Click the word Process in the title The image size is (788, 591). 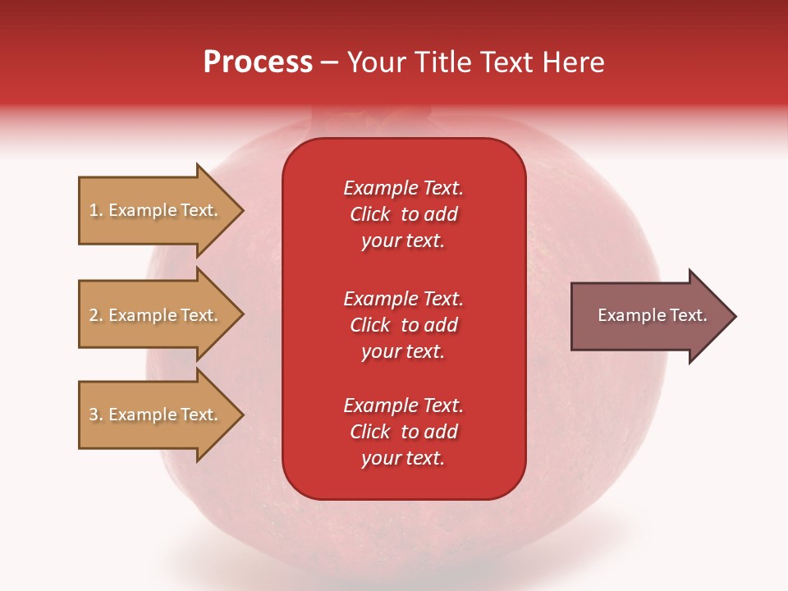tap(258, 62)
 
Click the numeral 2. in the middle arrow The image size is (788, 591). tap(95, 315)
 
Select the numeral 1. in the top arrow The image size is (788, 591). tap(95, 211)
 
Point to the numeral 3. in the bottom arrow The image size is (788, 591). tap(95, 415)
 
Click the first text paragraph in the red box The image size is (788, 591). tap(403, 214)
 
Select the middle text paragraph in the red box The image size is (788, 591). tap(403, 325)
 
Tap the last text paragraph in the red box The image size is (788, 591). tap(403, 432)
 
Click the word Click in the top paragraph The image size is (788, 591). tap(369, 214)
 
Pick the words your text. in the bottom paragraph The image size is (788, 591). tap(403, 458)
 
